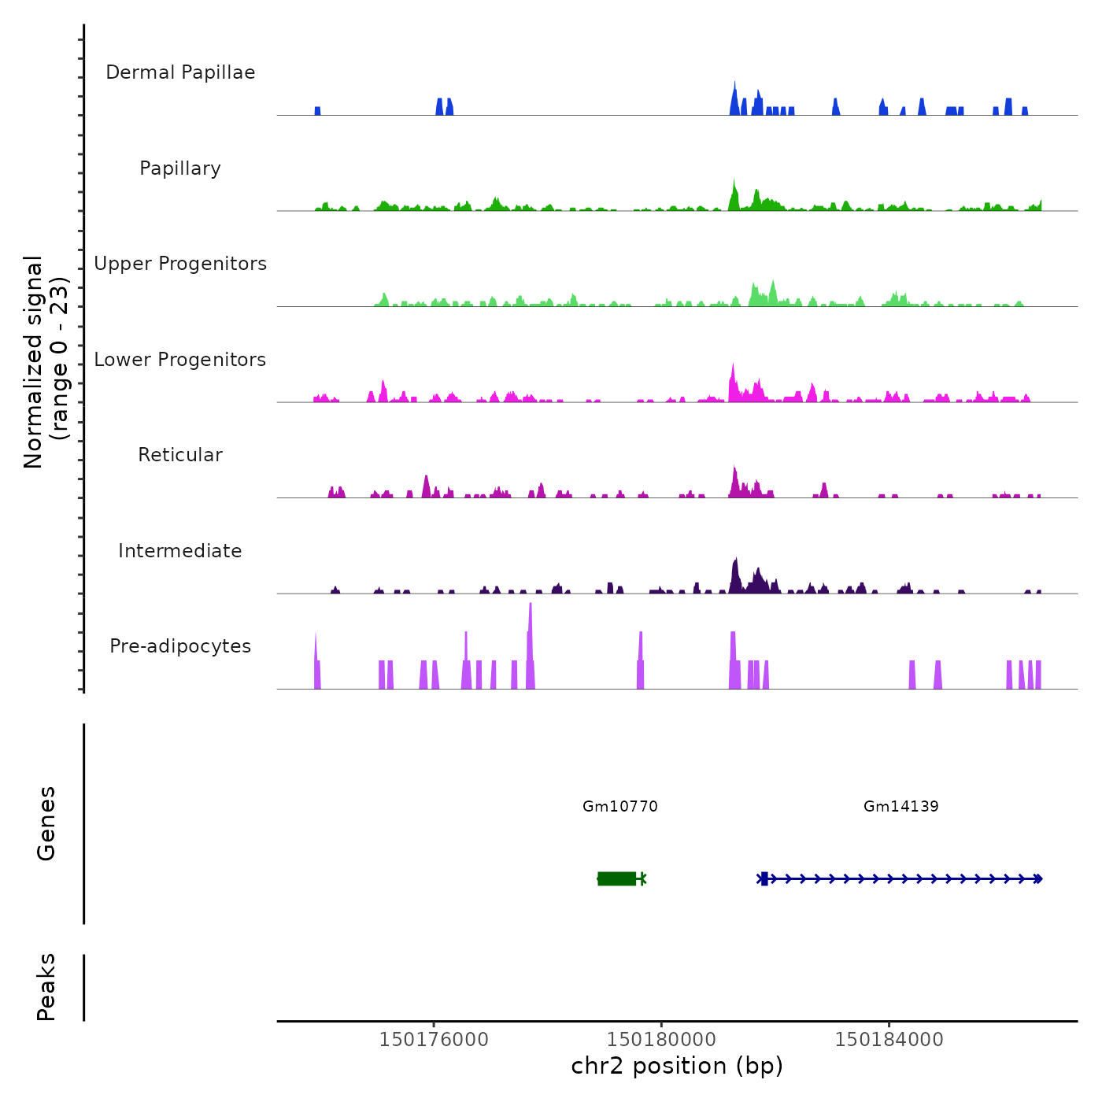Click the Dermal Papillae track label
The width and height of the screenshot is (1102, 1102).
click(180, 72)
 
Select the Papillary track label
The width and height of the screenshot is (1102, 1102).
click(180, 168)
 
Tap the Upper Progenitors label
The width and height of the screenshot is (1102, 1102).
click(180, 264)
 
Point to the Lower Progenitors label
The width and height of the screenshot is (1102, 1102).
click(180, 360)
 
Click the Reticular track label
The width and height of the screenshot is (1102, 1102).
click(180, 455)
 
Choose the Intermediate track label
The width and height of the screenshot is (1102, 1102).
click(180, 551)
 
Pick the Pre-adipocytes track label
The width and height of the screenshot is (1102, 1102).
click(180, 646)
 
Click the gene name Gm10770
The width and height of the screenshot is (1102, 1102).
click(620, 806)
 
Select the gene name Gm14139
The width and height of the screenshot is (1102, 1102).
click(901, 806)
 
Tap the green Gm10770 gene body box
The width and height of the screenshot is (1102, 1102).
click(617, 878)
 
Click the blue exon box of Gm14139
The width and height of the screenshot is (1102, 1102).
click(764, 878)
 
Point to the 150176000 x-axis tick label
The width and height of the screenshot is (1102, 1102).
click(434, 1040)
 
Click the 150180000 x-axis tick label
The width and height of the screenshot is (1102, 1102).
click(661, 1040)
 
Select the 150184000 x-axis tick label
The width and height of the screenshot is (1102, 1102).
click(889, 1040)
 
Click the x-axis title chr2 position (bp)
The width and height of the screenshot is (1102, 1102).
click(677, 1066)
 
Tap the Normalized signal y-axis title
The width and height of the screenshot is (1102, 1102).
click(46, 361)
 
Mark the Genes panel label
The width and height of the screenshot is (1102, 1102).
click(46, 823)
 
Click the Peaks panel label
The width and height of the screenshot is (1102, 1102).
click(46, 987)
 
